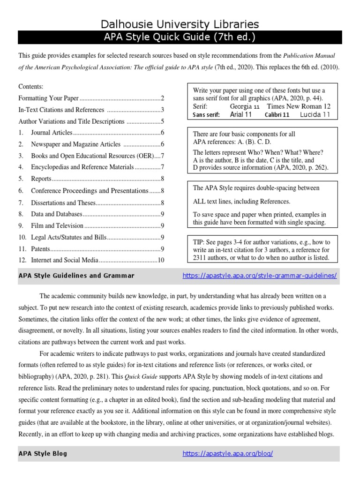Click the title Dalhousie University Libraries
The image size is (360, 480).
pyautogui.click(x=180, y=24)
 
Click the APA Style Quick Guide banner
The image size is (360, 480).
pyautogui.click(x=180, y=37)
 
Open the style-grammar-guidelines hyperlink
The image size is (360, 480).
pyautogui.click(x=259, y=276)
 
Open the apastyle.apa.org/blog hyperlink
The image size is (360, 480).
pyautogui.click(x=227, y=453)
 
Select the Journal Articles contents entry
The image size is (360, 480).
pyautogui.click(x=52, y=133)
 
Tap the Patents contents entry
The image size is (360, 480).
pyautogui.click(x=41, y=249)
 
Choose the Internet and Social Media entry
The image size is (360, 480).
pyautogui.click(x=65, y=260)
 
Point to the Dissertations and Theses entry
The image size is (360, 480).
pyautogui.click(x=63, y=203)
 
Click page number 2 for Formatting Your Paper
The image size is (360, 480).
pyautogui.click(x=162, y=98)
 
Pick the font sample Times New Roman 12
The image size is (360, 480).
pyautogui.click(x=298, y=106)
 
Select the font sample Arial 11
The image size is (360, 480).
pyautogui.click(x=241, y=114)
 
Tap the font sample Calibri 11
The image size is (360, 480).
pyautogui.click(x=277, y=114)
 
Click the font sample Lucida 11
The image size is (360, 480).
pyautogui.click(x=315, y=114)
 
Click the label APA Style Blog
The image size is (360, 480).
pyautogui.click(x=43, y=453)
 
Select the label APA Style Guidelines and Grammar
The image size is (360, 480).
pyautogui.click(x=76, y=276)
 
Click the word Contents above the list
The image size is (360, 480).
pyautogui.click(x=30, y=87)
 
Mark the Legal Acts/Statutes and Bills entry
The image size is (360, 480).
pyautogui.click(x=68, y=238)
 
